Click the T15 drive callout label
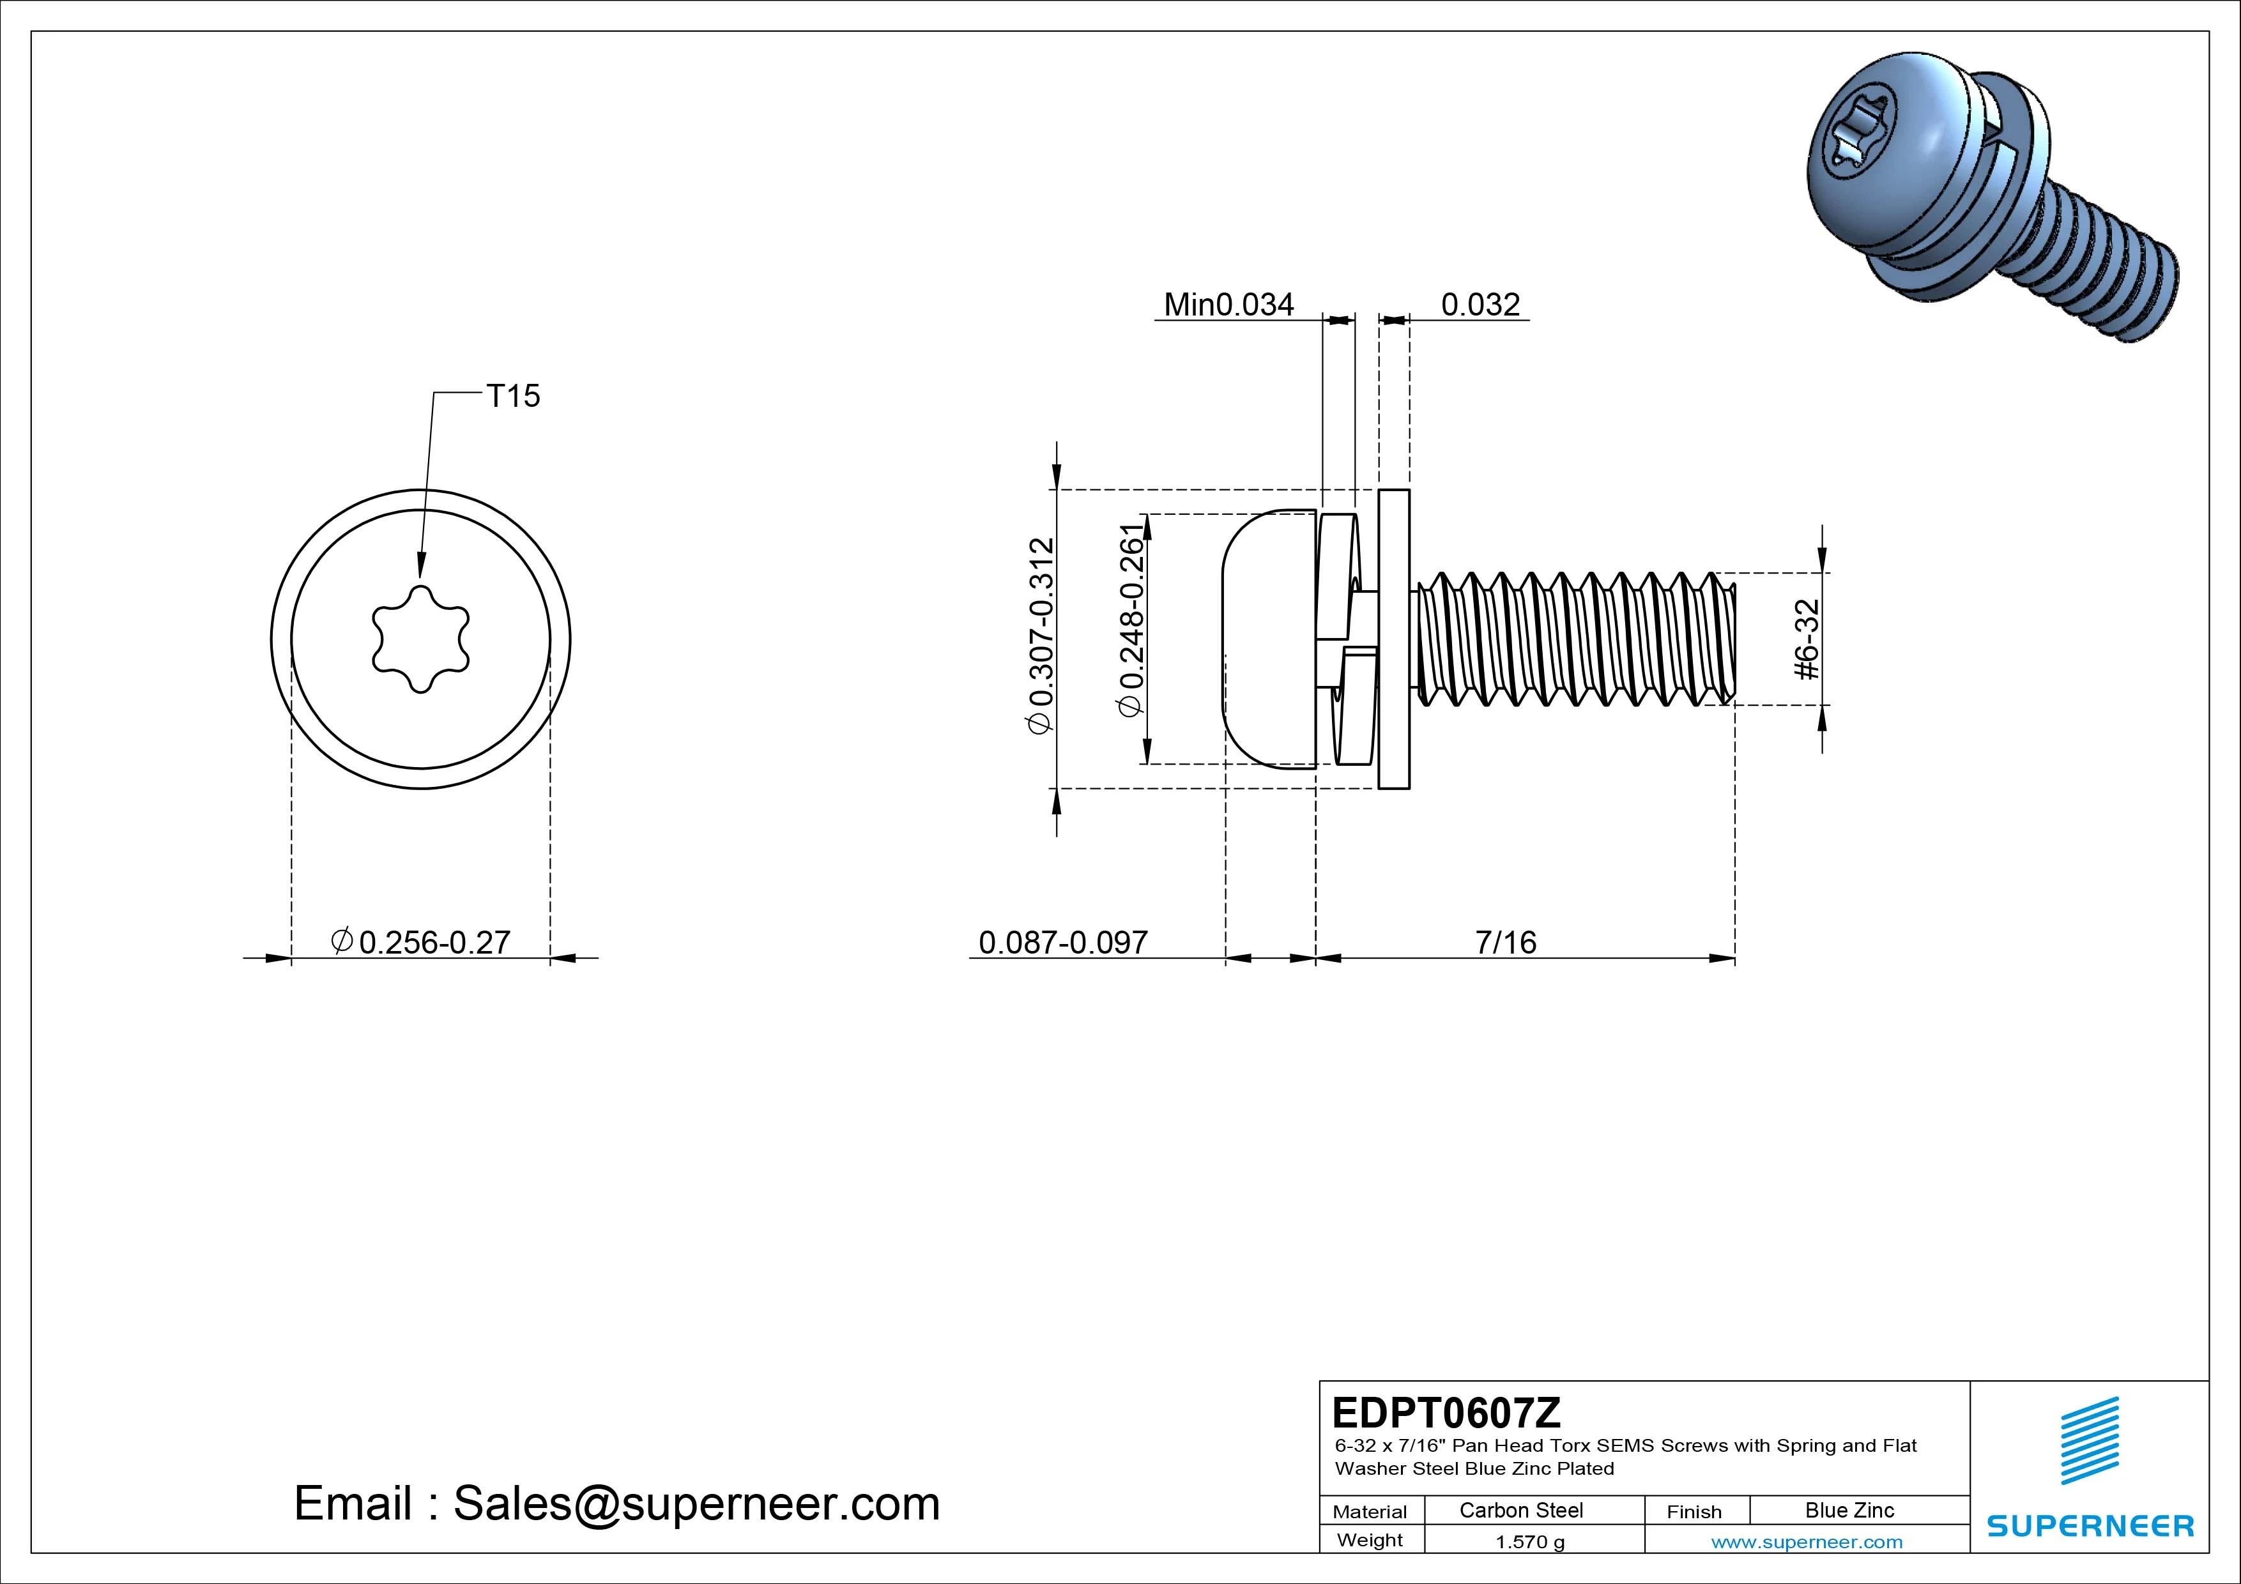coord(512,396)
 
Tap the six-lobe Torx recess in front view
coord(421,639)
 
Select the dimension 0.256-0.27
coord(433,942)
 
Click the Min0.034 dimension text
coord(1229,305)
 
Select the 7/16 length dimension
coord(1505,942)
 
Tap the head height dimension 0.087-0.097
coord(1063,942)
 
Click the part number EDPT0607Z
coord(1446,1412)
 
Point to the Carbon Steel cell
coord(1520,1510)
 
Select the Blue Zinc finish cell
coord(1849,1510)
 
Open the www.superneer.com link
coord(1807,1542)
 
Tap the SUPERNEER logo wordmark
coord(2089,1527)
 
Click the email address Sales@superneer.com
coord(696,1504)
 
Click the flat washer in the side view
coord(1394,639)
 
